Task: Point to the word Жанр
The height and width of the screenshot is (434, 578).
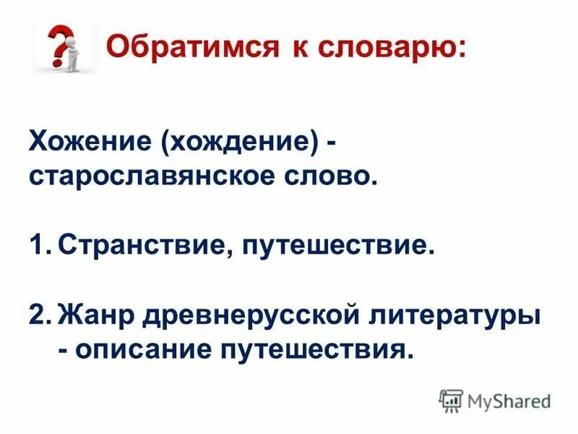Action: coord(98,315)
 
